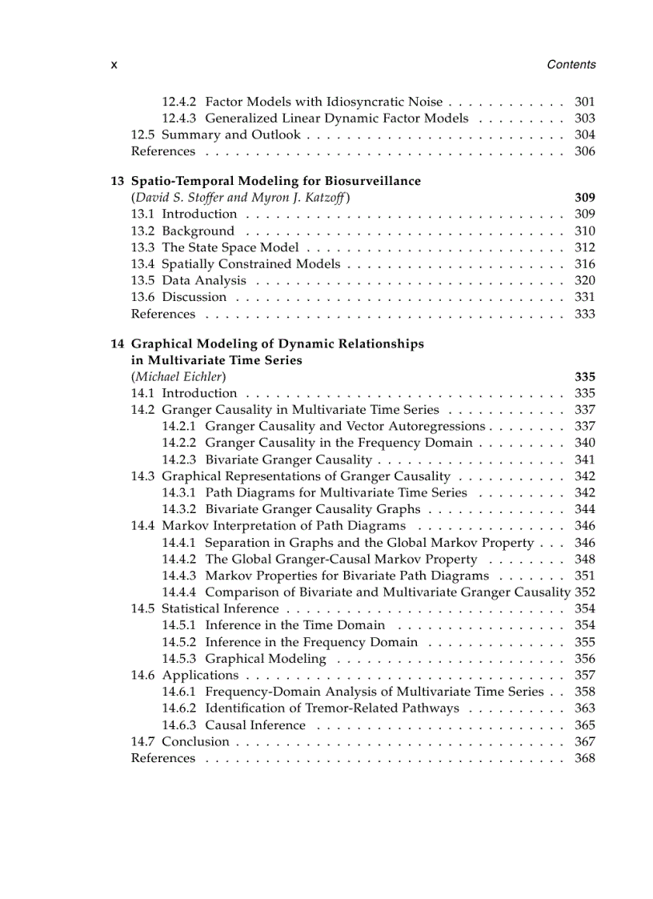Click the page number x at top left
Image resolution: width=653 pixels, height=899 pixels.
pyautogui.click(x=114, y=65)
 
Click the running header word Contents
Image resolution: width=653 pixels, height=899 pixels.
pyautogui.click(x=571, y=65)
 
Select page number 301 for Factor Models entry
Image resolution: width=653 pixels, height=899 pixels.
pyautogui.click(x=584, y=102)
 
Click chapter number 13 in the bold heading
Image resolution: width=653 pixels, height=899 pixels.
pyautogui.click(x=117, y=181)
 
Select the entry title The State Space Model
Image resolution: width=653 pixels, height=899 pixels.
pyautogui.click(x=230, y=247)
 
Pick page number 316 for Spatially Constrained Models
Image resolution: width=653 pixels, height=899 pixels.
pyautogui.click(x=584, y=264)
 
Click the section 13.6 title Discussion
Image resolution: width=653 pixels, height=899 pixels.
pyautogui.click(x=194, y=297)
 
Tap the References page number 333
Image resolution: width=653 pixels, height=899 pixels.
pyautogui.click(x=584, y=314)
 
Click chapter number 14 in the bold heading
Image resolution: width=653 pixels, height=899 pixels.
pyautogui.click(x=117, y=343)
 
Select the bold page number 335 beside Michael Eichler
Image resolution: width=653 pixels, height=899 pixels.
pyautogui.click(x=584, y=377)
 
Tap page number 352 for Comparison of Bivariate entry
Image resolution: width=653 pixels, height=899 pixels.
pyautogui.click(x=585, y=592)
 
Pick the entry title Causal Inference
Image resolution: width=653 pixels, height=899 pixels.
pyautogui.click(x=255, y=725)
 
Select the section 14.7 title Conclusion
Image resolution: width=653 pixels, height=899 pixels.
pyautogui.click(x=195, y=742)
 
